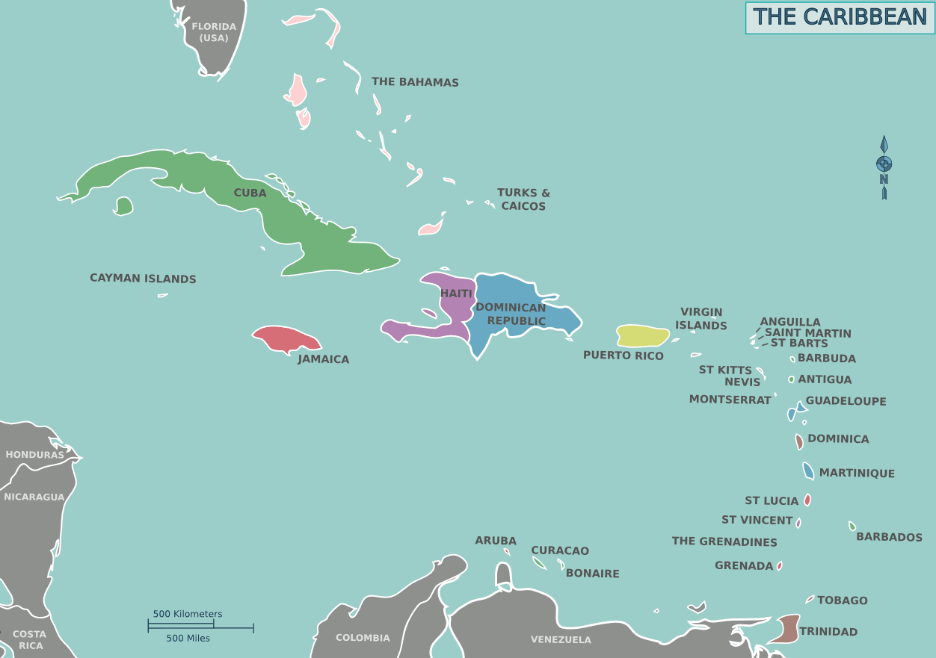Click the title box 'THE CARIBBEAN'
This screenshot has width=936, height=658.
[x=840, y=17]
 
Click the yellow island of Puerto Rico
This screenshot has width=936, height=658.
[x=641, y=336]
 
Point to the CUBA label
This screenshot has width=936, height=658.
[x=250, y=193]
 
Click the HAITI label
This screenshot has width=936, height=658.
[x=456, y=294]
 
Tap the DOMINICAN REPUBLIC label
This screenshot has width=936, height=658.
[x=511, y=314]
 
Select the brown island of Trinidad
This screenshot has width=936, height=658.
[x=786, y=629]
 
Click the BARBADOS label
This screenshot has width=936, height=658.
[x=889, y=537]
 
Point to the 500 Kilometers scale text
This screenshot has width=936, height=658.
[x=188, y=614]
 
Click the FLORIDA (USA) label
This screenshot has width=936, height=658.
[x=214, y=32]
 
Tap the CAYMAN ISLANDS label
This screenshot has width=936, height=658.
[x=143, y=279]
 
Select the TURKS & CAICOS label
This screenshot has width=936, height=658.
[x=523, y=199]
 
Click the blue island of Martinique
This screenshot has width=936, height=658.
[x=808, y=471]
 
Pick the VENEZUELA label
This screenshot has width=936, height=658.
[x=561, y=639]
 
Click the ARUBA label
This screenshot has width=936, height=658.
[x=496, y=541]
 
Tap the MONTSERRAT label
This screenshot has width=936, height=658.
[x=730, y=400]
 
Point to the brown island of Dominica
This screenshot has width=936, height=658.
[x=799, y=441]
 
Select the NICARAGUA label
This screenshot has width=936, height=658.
[x=34, y=497]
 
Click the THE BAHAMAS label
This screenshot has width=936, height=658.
[x=415, y=82]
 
